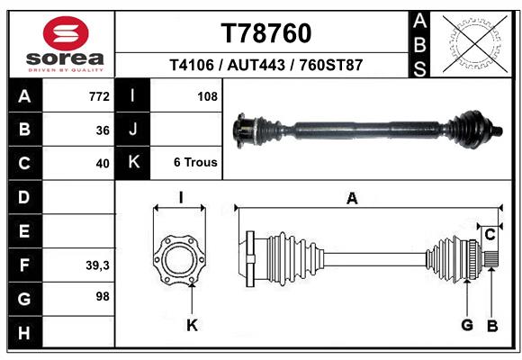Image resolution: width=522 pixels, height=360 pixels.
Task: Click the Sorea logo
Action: pyautogui.click(x=66, y=44)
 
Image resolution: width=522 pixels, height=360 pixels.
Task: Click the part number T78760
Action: pyautogui.click(x=266, y=34)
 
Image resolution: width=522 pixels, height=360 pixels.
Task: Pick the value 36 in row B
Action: pyautogui.click(x=103, y=130)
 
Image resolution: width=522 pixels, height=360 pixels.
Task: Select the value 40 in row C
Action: pyautogui.click(x=103, y=164)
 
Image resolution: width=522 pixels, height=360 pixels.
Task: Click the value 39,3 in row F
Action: pyautogui.click(x=97, y=265)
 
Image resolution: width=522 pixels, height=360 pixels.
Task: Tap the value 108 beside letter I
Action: pyautogui.click(x=207, y=95)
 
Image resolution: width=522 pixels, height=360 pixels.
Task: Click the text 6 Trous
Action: pyautogui.click(x=195, y=163)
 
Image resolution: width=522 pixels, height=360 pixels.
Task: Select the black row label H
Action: pyautogui.click(x=24, y=333)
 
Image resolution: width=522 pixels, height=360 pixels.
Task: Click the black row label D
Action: pyautogui.click(x=24, y=196)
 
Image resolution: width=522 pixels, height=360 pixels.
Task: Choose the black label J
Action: pyautogui.click(x=133, y=130)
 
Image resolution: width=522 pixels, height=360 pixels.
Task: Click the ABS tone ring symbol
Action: pyautogui.click(x=473, y=43)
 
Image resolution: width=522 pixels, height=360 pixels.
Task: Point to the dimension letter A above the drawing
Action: pyautogui.click(x=352, y=199)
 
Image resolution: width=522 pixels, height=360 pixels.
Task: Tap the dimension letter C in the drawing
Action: pyautogui.click(x=490, y=235)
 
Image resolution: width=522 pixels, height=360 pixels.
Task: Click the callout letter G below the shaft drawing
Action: pyautogui.click(x=467, y=325)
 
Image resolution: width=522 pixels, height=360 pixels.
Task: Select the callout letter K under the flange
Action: pyautogui.click(x=192, y=325)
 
